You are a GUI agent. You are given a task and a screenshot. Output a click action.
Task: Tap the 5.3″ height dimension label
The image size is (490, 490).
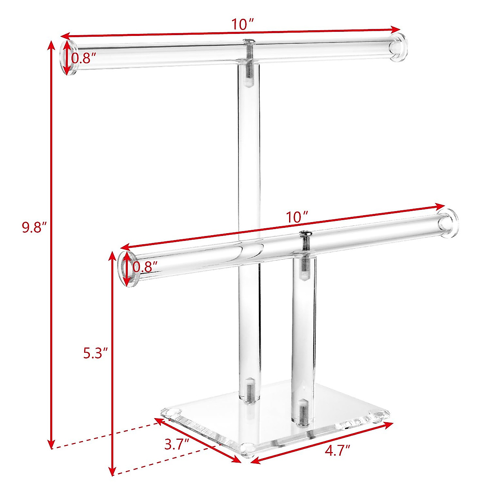(x=95, y=353)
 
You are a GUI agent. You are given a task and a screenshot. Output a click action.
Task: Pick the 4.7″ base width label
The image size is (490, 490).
(x=337, y=450)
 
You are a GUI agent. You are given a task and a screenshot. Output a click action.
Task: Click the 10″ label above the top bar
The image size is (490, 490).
(x=243, y=24)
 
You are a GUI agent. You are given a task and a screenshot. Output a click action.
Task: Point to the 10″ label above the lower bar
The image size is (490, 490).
(x=296, y=216)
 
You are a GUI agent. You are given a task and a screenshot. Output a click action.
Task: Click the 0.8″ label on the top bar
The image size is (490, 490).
(x=84, y=58)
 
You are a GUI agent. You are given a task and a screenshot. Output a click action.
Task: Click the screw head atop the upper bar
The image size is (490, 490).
(x=248, y=41)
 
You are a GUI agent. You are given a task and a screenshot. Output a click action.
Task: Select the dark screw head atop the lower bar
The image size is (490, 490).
(x=305, y=234)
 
